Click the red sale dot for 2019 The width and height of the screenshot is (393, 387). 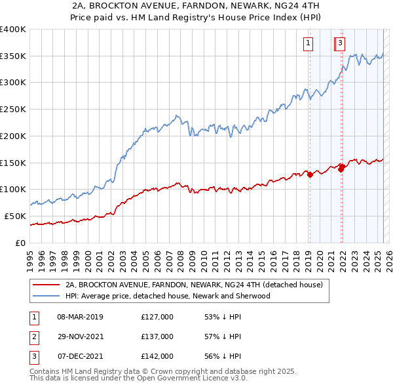(310, 175)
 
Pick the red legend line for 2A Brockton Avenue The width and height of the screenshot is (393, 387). (46, 285)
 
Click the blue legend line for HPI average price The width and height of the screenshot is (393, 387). (46, 296)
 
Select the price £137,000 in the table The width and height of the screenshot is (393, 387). (157, 336)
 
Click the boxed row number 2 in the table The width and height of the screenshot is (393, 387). (33, 336)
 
